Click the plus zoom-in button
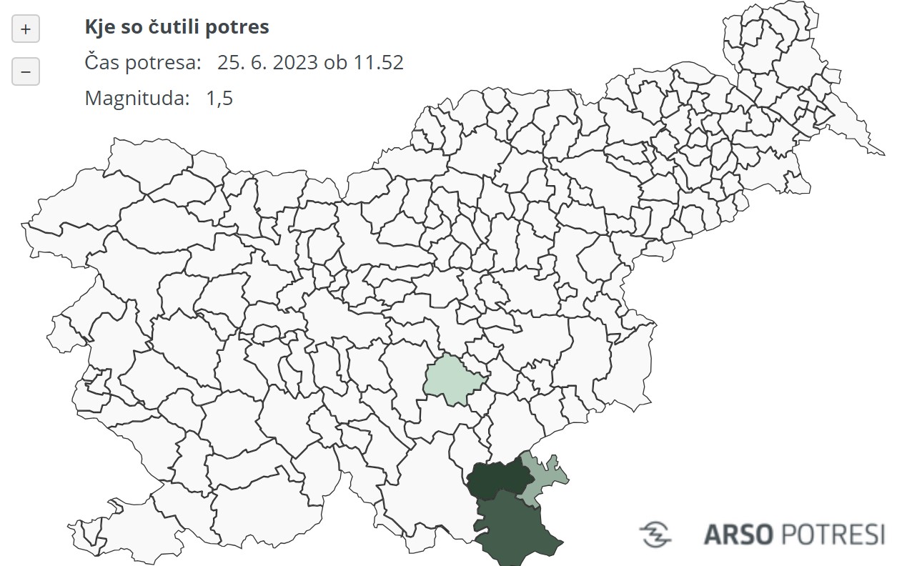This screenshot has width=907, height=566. (26, 29)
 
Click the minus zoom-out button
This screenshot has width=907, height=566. (26, 71)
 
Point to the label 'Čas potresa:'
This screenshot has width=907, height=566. (143, 62)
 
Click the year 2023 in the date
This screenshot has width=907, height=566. (294, 62)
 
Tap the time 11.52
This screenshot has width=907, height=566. (378, 62)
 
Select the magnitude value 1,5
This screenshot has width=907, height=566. (219, 98)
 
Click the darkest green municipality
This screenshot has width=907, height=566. (495, 478)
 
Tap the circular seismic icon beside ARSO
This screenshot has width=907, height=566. (655, 534)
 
